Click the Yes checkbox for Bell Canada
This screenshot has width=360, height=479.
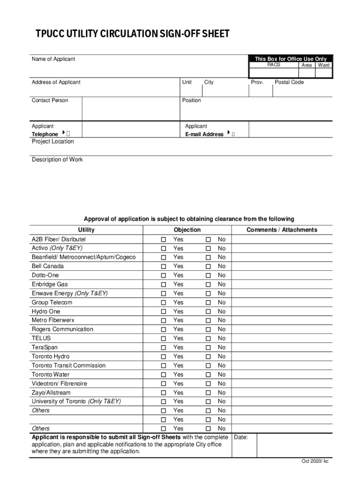(x=164, y=267)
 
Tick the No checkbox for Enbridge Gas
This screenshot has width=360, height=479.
(x=209, y=284)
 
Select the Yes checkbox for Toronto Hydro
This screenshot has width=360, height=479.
(x=164, y=357)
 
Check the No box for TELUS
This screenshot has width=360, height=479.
(x=209, y=339)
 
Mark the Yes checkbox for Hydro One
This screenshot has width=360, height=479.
(x=164, y=312)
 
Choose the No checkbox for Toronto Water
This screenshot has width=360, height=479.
(x=209, y=375)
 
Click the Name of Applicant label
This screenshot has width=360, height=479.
(x=53, y=59)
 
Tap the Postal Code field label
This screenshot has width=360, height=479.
(x=289, y=82)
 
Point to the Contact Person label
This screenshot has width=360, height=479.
(x=50, y=101)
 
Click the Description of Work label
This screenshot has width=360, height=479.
(x=57, y=160)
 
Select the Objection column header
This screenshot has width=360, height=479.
(x=187, y=230)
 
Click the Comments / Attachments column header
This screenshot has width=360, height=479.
(x=282, y=230)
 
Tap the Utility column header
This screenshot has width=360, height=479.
(x=86, y=230)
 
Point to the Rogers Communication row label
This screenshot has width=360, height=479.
(x=62, y=329)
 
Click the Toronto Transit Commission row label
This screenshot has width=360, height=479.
(x=69, y=366)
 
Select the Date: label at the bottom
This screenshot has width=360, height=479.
(x=241, y=438)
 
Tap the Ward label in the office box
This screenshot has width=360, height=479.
(x=324, y=65)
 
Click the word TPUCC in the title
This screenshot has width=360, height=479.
(x=52, y=34)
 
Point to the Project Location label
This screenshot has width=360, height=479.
(x=52, y=142)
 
